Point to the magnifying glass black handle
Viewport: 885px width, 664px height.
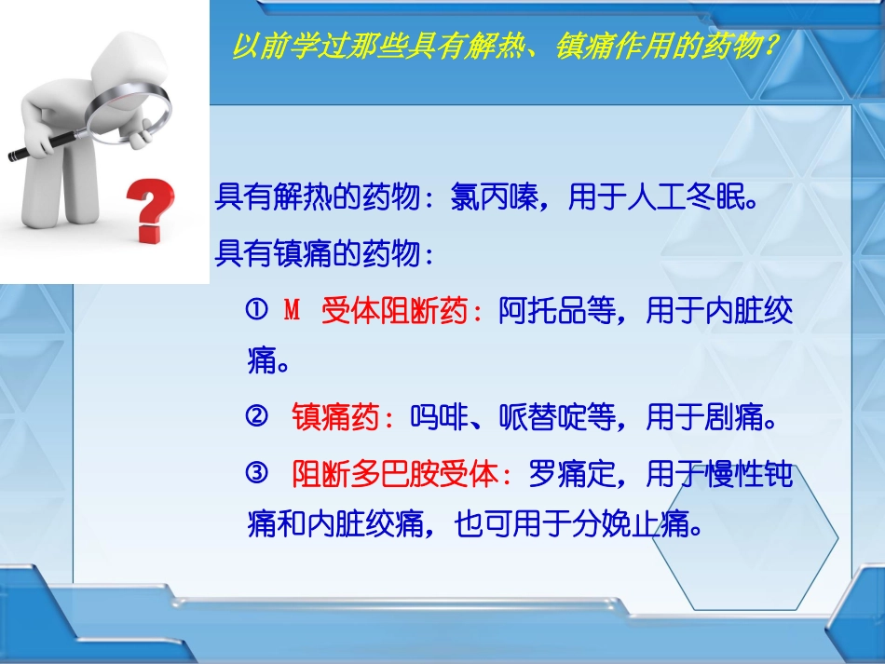coord(47,145)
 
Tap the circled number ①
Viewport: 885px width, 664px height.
coord(257,311)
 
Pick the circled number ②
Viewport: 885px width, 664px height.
coord(257,417)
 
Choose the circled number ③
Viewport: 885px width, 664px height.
coord(257,473)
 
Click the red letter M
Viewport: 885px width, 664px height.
coord(293,311)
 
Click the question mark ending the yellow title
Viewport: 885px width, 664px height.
coord(769,46)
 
